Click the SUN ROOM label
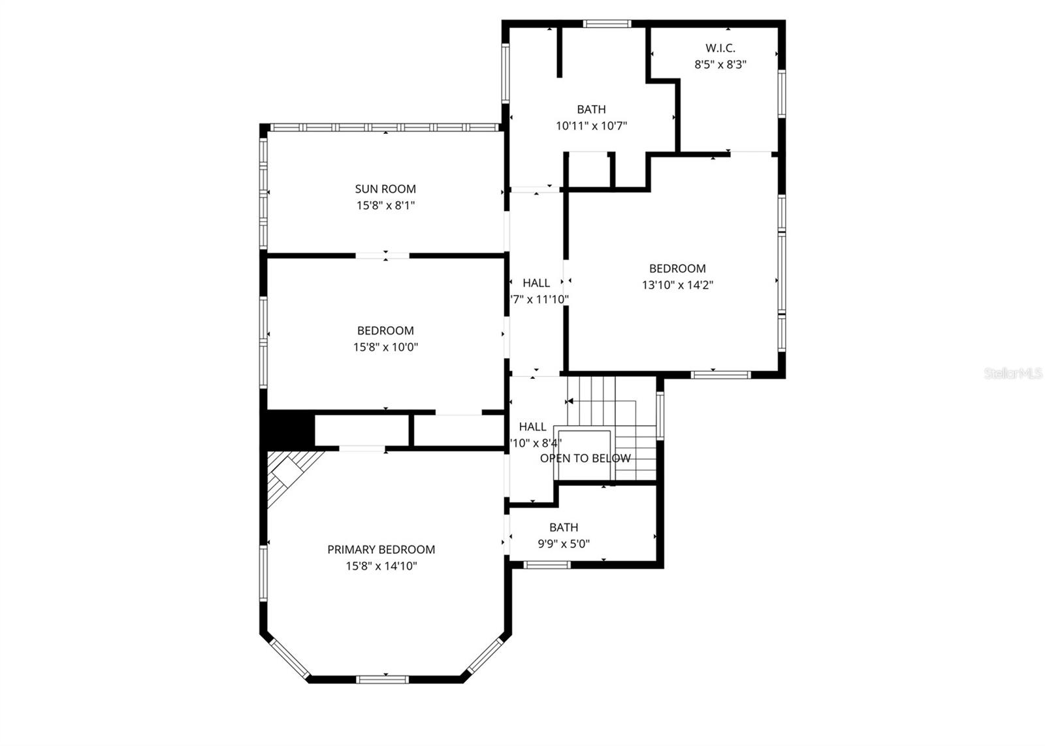click(385, 189)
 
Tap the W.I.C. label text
click(720, 48)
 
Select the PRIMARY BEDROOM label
click(381, 549)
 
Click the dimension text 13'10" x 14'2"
click(677, 285)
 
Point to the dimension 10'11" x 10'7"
click(591, 125)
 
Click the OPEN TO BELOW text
click(585, 458)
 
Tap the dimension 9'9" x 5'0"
click(564, 543)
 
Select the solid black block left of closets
click(287, 429)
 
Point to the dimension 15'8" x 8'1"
click(385, 205)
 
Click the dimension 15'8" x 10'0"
click(385, 347)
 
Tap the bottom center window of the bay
click(383, 679)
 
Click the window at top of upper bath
click(607, 24)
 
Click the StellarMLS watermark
click(1012, 373)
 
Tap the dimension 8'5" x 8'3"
click(720, 64)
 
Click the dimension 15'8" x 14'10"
click(381, 566)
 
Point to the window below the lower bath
click(547, 564)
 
